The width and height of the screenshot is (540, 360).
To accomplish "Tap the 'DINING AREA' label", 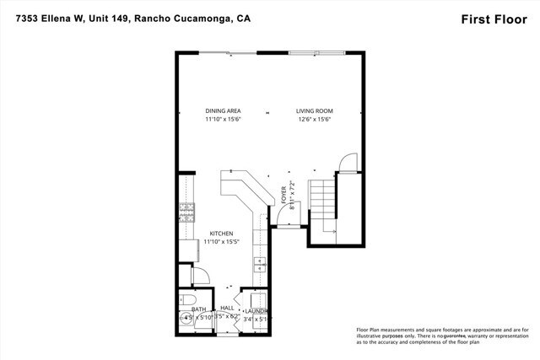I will pyautogui.click(x=223, y=111).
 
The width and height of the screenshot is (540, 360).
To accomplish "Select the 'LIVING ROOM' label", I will pyautogui.click(x=315, y=111).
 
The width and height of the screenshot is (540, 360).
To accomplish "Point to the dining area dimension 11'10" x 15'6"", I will pyautogui.click(x=223, y=120).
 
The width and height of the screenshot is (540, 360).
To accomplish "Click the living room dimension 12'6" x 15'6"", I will pyautogui.click(x=315, y=120).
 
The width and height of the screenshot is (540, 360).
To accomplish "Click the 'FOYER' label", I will pyautogui.click(x=283, y=194).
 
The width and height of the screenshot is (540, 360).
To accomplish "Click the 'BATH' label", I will pyautogui.click(x=199, y=309).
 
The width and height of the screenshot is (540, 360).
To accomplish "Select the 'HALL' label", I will pyautogui.click(x=226, y=309).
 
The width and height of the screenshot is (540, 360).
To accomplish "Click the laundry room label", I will pyautogui.click(x=256, y=309).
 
